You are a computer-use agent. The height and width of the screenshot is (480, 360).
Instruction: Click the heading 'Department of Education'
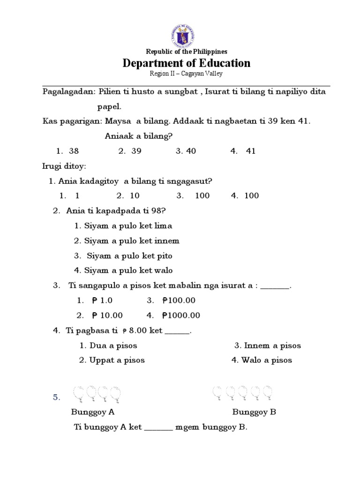187,63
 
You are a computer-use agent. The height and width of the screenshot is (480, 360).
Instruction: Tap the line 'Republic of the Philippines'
187,52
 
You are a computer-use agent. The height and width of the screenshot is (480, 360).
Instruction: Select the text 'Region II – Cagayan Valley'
187,74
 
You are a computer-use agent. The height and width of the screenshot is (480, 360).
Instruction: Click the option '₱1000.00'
181,315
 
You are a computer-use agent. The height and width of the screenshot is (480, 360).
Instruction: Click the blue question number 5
56,397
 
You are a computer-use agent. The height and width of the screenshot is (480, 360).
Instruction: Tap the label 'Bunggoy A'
93,412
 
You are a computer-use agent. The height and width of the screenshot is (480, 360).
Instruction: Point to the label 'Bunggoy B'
254,412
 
